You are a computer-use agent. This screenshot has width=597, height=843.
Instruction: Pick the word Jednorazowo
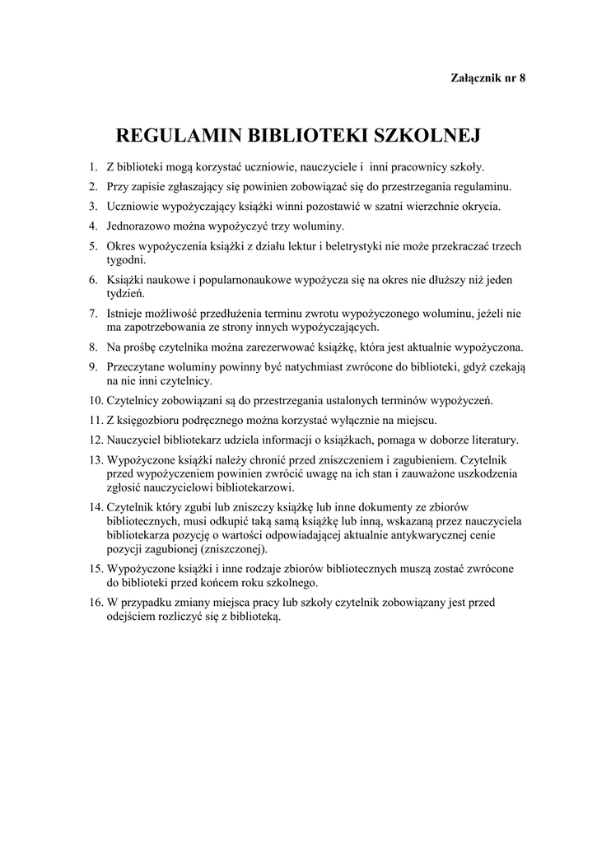[x=140, y=226]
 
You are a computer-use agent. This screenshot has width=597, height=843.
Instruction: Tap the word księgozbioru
[x=156, y=421]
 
